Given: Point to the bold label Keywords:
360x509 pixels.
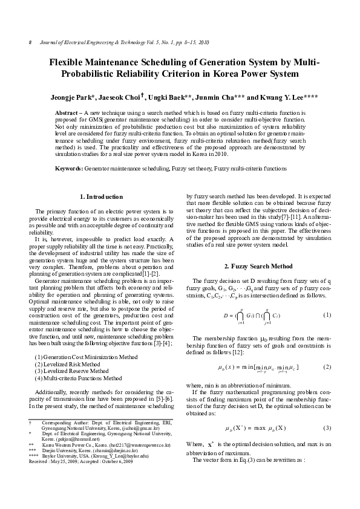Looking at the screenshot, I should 69,167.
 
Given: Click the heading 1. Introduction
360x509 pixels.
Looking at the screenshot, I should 101,196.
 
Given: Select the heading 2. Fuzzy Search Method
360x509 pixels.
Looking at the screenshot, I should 259,266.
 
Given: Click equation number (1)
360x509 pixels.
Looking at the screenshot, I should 327,315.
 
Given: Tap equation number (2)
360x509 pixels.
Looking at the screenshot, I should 327,367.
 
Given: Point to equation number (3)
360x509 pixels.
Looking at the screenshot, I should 327,428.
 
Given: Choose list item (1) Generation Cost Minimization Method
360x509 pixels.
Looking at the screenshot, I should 87,357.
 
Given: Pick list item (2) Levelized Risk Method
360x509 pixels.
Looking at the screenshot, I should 69,365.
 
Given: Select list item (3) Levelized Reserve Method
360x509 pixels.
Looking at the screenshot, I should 73,372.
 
